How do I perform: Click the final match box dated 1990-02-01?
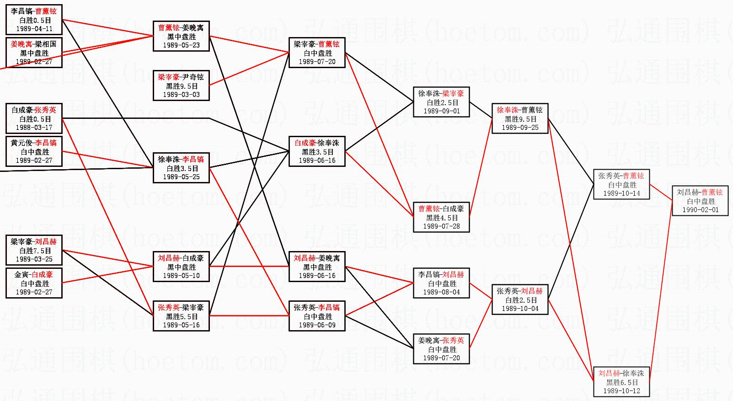[x=700, y=201]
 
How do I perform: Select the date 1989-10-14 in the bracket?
[x=621, y=193]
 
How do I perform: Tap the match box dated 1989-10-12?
[x=621, y=382]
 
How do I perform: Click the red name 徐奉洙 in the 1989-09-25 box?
[x=508, y=110]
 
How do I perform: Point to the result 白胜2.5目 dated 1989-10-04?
[x=520, y=300]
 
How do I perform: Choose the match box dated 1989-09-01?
[x=441, y=102]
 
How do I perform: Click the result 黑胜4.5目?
[x=441, y=218]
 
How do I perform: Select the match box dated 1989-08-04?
[x=441, y=283]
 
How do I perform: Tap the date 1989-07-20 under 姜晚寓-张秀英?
[x=441, y=358]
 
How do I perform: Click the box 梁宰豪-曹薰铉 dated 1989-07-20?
[x=317, y=53]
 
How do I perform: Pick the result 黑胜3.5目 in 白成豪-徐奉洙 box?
[x=317, y=152]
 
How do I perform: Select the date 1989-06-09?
[x=317, y=325]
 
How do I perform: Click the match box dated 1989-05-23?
[x=181, y=36]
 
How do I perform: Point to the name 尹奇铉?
[x=193, y=77]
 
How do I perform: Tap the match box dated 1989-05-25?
[x=181, y=168]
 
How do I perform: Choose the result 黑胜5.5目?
[x=181, y=316]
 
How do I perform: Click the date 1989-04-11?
[x=34, y=29]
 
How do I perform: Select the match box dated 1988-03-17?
[x=34, y=118]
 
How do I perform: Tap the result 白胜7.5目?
[x=34, y=251]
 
